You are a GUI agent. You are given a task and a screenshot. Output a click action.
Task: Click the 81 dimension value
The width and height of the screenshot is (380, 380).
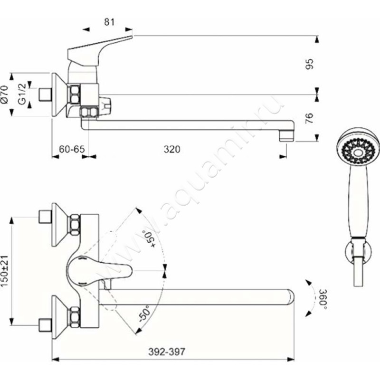(x=109, y=22)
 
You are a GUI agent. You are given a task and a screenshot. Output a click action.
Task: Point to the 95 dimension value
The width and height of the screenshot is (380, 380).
(x=309, y=64)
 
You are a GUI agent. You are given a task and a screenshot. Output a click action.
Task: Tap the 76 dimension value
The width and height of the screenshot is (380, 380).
(x=309, y=118)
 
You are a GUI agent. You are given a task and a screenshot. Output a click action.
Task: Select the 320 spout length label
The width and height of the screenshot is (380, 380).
(x=172, y=149)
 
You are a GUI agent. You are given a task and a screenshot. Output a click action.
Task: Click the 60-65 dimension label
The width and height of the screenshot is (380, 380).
(x=72, y=149)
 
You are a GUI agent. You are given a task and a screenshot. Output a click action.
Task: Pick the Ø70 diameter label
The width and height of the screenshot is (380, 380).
(x=5, y=95)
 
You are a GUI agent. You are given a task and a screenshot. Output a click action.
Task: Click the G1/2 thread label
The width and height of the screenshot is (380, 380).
(x=22, y=94)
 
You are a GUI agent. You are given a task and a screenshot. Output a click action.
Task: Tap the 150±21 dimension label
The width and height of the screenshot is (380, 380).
(x=5, y=271)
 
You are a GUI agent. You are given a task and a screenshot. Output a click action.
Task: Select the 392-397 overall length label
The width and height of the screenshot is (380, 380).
(x=167, y=351)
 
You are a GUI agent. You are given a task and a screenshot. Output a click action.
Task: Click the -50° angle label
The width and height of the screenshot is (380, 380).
(x=145, y=313)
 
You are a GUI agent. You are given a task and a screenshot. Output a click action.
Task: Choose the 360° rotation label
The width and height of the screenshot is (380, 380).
(x=323, y=299)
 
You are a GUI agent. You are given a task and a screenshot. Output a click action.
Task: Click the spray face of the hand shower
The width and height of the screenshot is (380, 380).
(x=357, y=152)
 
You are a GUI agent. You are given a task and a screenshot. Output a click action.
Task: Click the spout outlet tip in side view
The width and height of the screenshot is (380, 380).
(x=287, y=136)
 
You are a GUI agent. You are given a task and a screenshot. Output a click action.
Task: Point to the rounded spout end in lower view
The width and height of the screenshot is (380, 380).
(x=290, y=297)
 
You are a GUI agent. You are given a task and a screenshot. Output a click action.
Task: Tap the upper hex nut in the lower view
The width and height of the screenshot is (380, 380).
(x=75, y=224)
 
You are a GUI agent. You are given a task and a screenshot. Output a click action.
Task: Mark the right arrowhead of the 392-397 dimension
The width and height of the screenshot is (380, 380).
(x=290, y=359)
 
